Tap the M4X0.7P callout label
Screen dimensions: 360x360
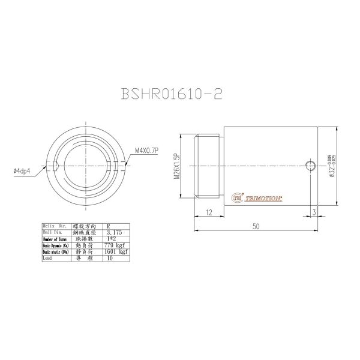(147, 151)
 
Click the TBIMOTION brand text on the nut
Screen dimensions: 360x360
(265, 196)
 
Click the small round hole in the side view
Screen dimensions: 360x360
(310, 166)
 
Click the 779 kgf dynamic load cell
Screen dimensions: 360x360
(116, 245)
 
